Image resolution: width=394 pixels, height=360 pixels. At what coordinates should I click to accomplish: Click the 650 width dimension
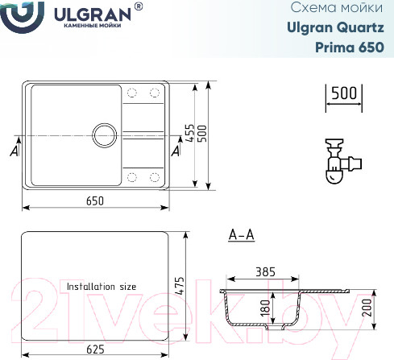point(95,201)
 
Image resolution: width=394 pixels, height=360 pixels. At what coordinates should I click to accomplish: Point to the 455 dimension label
point(189,133)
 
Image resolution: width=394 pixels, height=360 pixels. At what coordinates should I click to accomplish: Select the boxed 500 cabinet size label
point(343,93)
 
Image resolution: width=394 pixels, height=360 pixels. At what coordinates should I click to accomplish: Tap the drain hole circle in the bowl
point(105,134)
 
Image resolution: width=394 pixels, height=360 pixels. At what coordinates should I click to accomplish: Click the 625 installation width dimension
point(95,350)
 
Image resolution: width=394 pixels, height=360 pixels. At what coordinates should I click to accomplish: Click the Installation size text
point(102,286)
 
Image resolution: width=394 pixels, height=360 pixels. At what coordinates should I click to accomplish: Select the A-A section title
point(242,235)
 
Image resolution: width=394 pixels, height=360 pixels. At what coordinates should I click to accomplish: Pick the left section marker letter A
point(13,149)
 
